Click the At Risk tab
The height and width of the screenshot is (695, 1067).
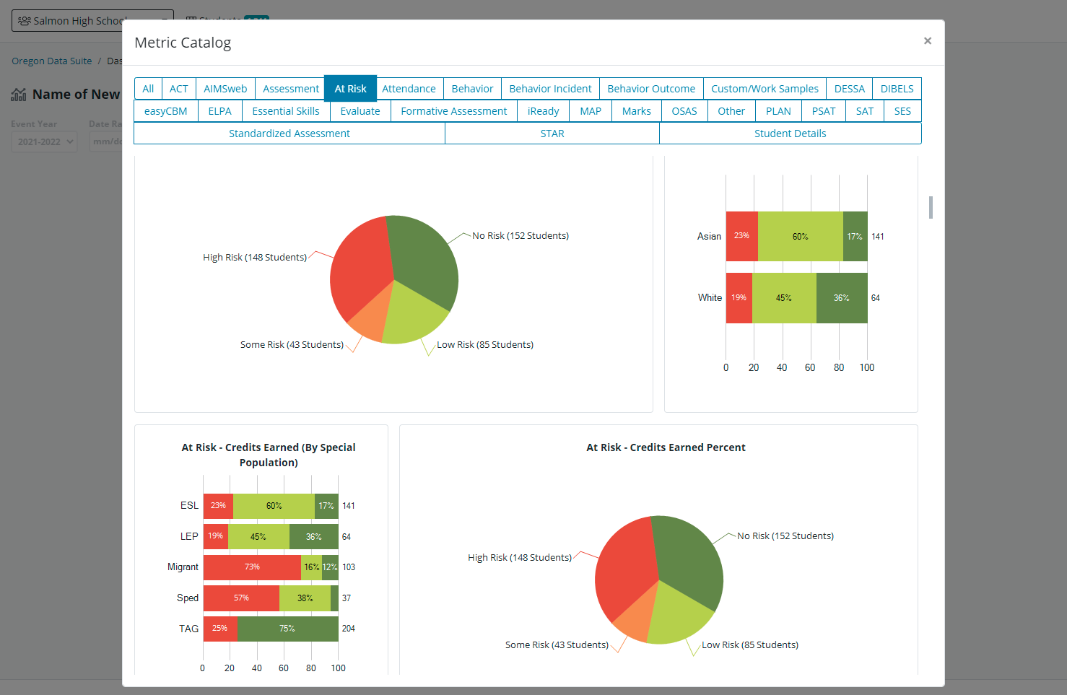pos(350,89)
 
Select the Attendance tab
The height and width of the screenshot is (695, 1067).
pos(409,89)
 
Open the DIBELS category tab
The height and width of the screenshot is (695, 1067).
pos(897,89)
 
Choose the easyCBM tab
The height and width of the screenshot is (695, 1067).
pos(165,111)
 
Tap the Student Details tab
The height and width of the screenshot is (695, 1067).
pos(790,134)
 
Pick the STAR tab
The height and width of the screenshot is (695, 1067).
pos(552,134)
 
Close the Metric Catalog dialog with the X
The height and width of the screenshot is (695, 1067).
pos(928,41)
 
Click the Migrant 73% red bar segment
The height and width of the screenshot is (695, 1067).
pos(252,567)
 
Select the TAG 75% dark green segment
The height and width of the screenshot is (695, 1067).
pos(287,629)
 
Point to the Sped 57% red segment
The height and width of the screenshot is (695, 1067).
pos(241,598)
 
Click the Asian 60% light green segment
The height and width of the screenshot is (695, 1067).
pos(800,237)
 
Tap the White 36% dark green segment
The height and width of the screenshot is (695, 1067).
pos(841,298)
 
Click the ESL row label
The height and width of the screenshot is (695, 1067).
pos(189,506)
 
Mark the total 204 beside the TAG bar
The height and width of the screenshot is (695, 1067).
pos(349,629)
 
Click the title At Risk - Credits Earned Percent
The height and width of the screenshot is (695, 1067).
pos(666,447)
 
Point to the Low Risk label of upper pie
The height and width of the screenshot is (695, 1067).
pos(485,345)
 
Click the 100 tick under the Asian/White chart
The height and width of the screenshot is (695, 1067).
pos(867,367)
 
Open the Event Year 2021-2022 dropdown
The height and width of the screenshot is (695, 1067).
pos(44,141)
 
